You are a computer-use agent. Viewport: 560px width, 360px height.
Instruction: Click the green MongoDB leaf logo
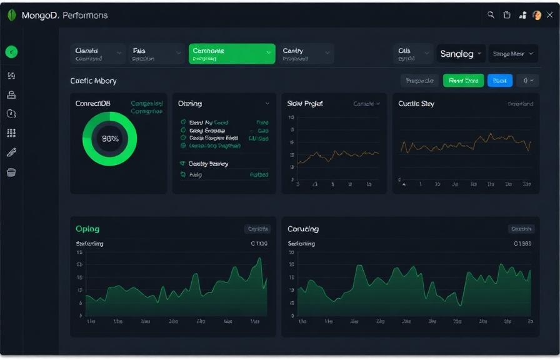tap(11, 16)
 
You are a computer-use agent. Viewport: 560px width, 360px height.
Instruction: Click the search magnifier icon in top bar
tap(491, 15)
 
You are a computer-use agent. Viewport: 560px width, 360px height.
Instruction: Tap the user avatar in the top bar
tap(536, 16)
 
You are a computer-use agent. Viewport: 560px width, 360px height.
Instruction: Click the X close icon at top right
tap(550, 15)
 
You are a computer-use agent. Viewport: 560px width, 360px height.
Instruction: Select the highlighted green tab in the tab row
tap(231, 54)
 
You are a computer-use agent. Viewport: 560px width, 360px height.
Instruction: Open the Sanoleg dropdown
tap(461, 54)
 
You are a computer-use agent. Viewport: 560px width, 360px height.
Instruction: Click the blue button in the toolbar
tap(499, 80)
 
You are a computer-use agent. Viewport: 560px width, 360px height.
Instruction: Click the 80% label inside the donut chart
tap(110, 139)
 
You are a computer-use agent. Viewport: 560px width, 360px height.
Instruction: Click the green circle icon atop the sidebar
tap(11, 52)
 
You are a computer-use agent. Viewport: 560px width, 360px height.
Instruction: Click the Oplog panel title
tap(87, 229)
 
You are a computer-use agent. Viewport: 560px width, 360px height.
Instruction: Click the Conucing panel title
tap(303, 229)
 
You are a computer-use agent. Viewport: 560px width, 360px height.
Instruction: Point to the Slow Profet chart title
tap(304, 104)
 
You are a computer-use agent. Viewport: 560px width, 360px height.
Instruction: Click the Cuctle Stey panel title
tap(416, 104)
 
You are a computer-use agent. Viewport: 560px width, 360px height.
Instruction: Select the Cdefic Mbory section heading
tap(93, 81)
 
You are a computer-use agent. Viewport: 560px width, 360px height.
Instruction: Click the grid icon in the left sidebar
tap(11, 132)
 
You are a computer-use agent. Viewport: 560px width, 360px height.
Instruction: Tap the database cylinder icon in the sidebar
tap(11, 172)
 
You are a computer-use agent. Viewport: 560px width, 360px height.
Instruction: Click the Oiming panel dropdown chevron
tap(267, 104)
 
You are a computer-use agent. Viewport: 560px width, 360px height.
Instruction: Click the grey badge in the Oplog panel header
tap(257, 229)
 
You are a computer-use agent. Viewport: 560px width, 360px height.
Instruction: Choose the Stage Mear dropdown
tap(512, 54)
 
